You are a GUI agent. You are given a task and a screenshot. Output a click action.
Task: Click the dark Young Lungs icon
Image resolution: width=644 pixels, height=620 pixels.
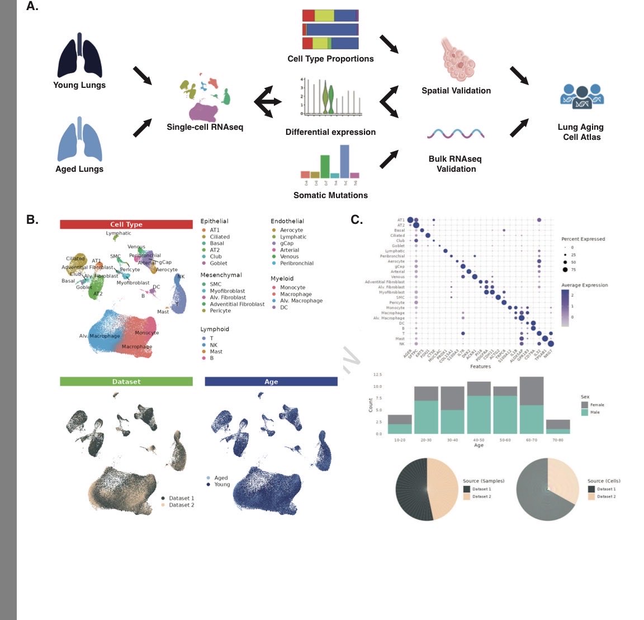pyautogui.click(x=80, y=55)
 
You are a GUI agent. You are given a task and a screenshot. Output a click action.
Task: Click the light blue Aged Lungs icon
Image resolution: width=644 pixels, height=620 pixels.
pyautogui.click(x=80, y=139)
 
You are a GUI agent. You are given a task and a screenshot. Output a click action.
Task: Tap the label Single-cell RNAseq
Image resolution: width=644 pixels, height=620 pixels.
pyautogui.click(x=205, y=127)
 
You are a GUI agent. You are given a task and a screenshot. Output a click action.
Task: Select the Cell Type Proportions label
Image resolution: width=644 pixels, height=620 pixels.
pyautogui.click(x=330, y=59)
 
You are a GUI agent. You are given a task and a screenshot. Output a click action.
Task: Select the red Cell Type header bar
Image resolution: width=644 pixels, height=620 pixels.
pyautogui.click(x=126, y=224)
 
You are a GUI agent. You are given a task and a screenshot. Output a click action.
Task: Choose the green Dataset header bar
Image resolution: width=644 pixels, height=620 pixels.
pyautogui.click(x=126, y=382)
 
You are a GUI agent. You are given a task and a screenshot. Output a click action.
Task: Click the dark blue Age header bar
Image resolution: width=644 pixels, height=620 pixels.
pyautogui.click(x=271, y=382)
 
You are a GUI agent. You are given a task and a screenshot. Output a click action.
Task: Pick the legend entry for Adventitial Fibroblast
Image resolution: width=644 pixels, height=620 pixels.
pyautogui.click(x=236, y=304)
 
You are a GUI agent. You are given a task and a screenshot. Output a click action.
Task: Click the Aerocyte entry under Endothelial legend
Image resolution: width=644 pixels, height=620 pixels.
pyautogui.click(x=291, y=230)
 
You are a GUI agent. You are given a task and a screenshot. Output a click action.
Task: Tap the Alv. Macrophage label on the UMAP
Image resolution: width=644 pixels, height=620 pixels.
pyautogui.click(x=100, y=336)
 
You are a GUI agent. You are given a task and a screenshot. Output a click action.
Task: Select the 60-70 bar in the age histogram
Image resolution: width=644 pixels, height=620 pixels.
pyautogui.click(x=531, y=405)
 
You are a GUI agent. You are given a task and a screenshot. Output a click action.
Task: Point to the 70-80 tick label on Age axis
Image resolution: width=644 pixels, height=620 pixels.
pyautogui.click(x=557, y=440)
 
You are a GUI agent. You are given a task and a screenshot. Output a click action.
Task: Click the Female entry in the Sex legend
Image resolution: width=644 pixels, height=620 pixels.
pyautogui.click(x=597, y=405)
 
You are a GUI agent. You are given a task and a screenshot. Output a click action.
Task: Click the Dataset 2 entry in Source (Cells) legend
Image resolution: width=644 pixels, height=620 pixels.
pyautogui.click(x=606, y=496)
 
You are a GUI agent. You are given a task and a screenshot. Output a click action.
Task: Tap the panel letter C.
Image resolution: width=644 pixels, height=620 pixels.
pyautogui.click(x=357, y=219)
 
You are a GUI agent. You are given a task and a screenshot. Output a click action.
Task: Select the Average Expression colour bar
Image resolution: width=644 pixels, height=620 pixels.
pyautogui.click(x=565, y=308)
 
